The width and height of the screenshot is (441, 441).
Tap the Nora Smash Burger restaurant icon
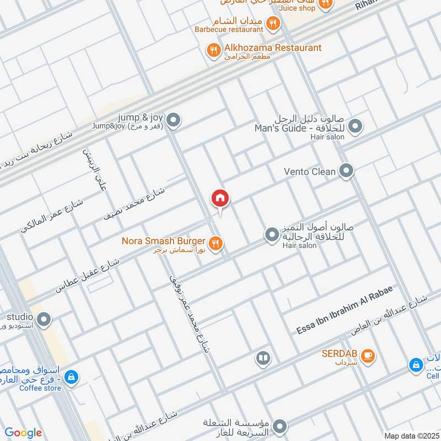(216, 241)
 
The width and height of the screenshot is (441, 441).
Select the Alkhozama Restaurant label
(272, 48)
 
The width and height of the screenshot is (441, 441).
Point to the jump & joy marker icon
(174, 119)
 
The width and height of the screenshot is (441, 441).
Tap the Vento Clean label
(309, 171)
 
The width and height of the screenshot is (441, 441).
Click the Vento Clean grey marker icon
(346, 171)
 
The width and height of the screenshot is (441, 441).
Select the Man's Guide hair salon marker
(356, 127)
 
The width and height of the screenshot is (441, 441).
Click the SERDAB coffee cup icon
(368, 356)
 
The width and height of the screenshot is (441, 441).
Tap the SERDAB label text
(338, 353)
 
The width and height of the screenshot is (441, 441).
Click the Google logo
(23, 433)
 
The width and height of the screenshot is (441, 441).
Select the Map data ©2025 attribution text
(411, 435)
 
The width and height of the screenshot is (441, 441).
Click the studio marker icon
(44, 319)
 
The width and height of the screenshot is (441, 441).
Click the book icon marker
(263, 359)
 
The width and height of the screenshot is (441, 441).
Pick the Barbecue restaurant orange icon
(273, 23)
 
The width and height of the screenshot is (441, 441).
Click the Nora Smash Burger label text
(164, 241)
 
